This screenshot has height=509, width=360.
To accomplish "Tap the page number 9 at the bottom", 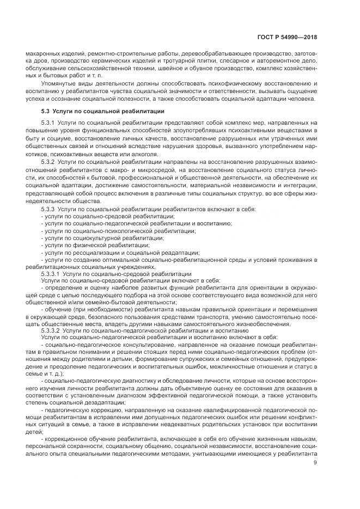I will click(x=315, y=463).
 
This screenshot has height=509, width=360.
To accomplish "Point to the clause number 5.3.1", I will click(x=50, y=124).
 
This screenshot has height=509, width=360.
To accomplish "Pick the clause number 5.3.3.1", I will click(x=52, y=274).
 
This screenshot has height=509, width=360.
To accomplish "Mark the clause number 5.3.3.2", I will click(x=52, y=330).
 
